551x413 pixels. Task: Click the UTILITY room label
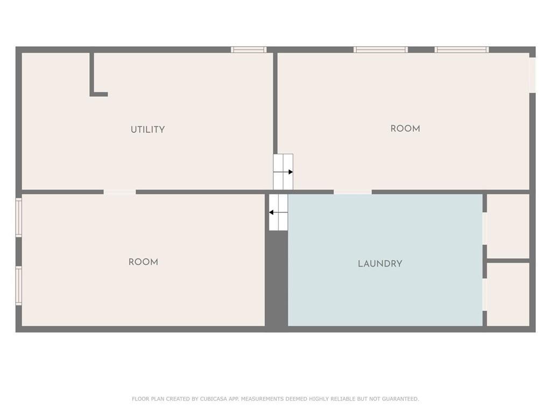point(147,130)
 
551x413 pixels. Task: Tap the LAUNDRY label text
point(380,264)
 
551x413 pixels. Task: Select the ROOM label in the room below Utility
point(143,262)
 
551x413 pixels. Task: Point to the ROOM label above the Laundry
point(405,129)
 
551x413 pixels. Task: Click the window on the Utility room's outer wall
point(249,50)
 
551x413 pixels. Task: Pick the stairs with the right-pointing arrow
point(283,172)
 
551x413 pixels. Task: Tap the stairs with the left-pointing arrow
point(279,212)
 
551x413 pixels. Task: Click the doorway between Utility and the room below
point(119,192)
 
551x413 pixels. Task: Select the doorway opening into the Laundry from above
point(352,192)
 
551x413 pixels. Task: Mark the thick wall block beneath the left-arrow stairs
point(277,280)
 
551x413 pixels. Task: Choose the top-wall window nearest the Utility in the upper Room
point(380,50)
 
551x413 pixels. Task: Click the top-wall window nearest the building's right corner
point(462,50)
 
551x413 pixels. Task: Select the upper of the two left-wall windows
point(19,218)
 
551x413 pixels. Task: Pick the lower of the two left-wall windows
point(19,286)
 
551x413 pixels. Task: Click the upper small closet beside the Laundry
point(508,226)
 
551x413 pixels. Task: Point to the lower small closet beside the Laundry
point(508,294)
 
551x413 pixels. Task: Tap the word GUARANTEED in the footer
point(401,399)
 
